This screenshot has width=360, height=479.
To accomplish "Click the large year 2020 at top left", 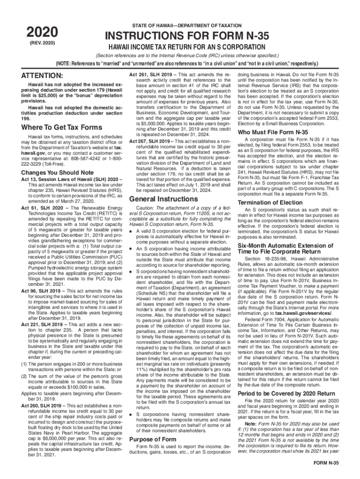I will pos(41,32).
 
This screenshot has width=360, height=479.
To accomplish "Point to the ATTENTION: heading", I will pos(40,76).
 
